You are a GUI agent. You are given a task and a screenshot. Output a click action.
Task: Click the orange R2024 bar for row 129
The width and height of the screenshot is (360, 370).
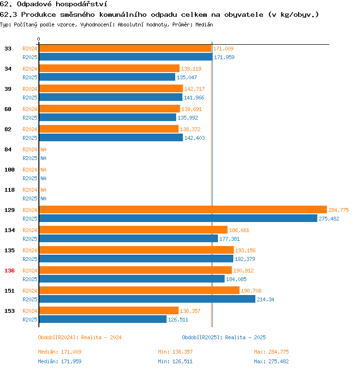click(x=182, y=210)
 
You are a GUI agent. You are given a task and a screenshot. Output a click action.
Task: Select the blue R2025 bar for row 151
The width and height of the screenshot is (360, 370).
click(x=147, y=299)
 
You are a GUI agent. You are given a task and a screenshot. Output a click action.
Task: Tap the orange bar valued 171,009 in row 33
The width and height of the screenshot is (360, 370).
click(x=125, y=49)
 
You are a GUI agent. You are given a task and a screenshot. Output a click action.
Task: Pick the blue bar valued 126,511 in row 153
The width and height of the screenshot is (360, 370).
click(x=103, y=319)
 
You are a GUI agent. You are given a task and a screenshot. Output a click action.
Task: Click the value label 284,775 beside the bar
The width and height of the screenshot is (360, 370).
click(x=338, y=210)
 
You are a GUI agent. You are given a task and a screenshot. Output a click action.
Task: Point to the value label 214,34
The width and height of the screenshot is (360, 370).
click(x=265, y=299)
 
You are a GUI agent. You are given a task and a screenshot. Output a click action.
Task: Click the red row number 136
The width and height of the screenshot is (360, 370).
click(x=10, y=271)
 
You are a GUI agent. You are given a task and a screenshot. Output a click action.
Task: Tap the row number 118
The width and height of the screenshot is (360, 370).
click(x=10, y=190)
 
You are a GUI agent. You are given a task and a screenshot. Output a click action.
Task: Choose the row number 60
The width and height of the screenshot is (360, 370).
click(x=8, y=109)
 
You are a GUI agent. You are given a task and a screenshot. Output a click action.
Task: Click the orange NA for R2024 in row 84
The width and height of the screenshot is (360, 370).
click(x=43, y=149)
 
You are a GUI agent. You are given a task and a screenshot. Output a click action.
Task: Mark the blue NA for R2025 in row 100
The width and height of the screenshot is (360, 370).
click(x=43, y=178)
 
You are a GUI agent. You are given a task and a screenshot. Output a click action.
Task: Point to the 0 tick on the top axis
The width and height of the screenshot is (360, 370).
click(x=39, y=39)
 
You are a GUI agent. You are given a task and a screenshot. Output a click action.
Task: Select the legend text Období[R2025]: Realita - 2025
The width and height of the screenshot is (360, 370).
click(x=224, y=337)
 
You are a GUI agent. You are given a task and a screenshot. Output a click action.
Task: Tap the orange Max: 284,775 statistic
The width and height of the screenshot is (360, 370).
click(x=271, y=352)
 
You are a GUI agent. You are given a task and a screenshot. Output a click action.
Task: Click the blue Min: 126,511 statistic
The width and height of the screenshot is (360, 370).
click(x=175, y=361)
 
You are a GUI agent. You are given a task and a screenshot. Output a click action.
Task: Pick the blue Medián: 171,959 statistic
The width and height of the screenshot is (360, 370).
click(x=60, y=361)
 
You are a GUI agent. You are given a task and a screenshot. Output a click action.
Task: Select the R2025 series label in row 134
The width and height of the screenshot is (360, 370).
click(x=30, y=239)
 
